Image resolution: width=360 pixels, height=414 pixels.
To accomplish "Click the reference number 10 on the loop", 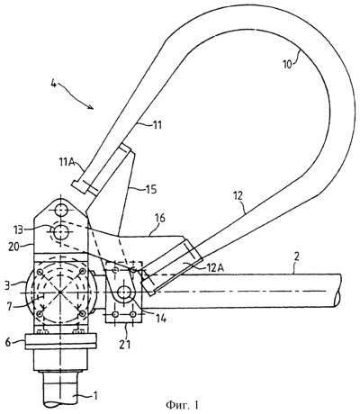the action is (287, 64).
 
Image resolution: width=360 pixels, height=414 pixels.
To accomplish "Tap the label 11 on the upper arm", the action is (157, 125).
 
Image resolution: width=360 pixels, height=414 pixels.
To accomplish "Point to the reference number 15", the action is (151, 190).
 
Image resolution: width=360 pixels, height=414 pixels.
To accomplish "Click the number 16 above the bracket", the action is (160, 218).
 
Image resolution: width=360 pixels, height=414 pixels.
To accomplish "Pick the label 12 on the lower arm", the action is (239, 196).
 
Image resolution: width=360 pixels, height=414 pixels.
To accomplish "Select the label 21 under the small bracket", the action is (125, 344).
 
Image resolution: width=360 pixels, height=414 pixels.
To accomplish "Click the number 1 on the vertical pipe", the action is (95, 396).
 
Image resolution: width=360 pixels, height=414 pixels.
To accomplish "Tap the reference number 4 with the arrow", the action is (53, 85).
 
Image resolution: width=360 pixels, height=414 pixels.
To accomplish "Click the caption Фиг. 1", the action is (182, 405).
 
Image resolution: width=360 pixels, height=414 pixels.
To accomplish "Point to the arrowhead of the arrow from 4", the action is (92, 107).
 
